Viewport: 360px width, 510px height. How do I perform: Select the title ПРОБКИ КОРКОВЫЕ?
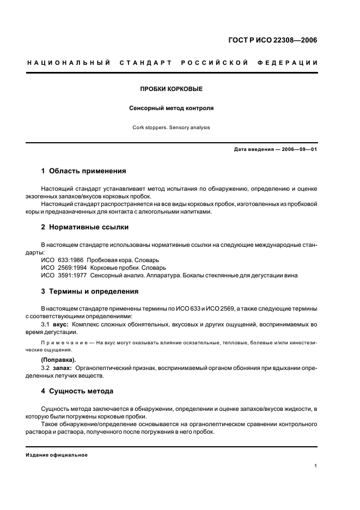point(171,88)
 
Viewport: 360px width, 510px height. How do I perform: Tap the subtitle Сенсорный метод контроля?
point(171,108)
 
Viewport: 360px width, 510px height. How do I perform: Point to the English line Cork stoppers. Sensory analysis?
point(171,127)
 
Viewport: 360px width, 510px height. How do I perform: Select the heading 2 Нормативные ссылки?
point(84,227)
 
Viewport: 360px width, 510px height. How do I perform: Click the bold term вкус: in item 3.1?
point(60,325)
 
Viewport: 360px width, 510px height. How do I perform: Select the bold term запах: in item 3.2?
point(62,368)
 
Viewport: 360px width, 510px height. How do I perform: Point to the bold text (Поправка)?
point(59,360)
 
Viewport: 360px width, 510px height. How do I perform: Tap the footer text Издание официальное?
point(57,455)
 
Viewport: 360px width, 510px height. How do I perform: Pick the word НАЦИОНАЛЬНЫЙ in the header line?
point(69,63)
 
